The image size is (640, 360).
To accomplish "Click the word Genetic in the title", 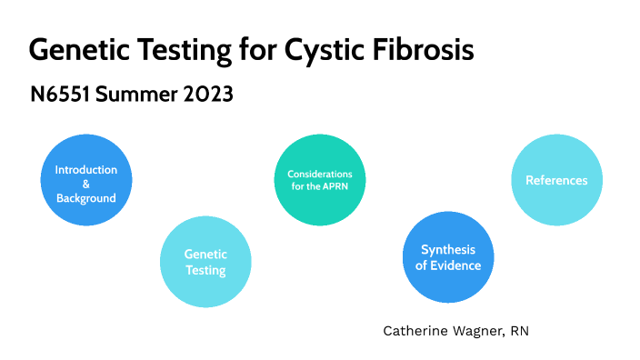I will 76,49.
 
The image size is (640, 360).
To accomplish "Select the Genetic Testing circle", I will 205,263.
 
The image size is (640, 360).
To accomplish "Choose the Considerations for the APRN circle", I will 319,180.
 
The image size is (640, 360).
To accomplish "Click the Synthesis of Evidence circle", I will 448,257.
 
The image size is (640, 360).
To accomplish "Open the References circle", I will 556,180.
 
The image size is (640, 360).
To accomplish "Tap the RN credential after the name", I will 519,331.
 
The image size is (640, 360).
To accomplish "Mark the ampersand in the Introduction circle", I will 85,184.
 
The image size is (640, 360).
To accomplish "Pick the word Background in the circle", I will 85,197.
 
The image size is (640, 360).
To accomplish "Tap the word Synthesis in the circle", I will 448,250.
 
